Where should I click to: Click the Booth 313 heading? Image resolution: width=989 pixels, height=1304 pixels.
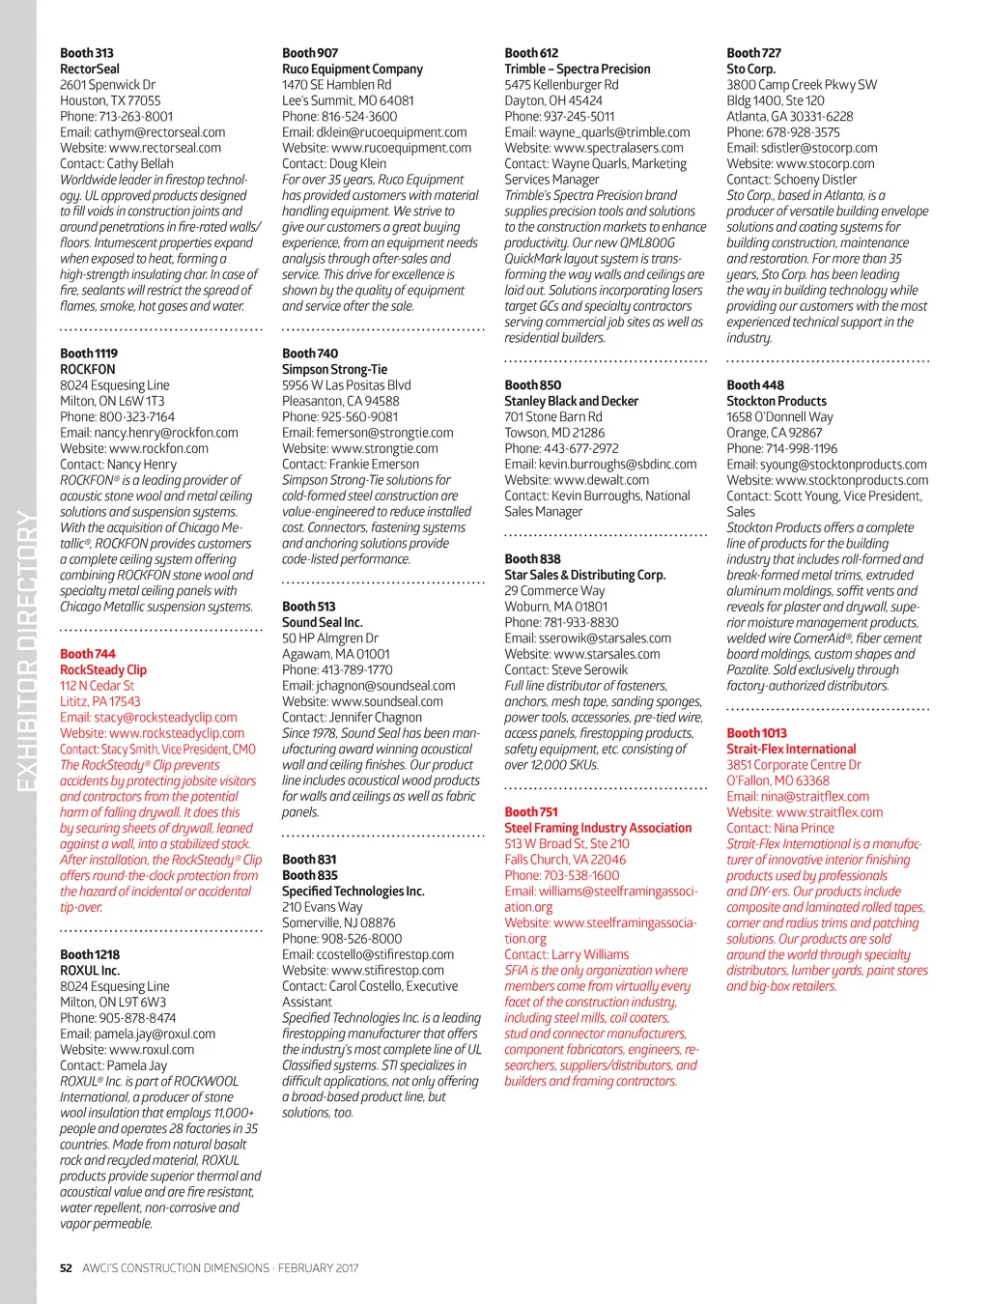tap(87, 53)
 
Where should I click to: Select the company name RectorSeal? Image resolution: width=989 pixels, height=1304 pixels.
tap(90, 69)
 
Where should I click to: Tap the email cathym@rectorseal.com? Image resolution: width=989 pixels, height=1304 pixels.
tap(143, 132)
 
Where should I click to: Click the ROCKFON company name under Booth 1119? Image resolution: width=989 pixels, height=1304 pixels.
tap(88, 369)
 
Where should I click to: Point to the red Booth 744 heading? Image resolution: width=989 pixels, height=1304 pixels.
tap(88, 654)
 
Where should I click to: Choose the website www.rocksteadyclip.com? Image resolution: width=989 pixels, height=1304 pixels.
tap(153, 733)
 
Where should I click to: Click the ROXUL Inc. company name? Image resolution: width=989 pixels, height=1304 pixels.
tap(90, 970)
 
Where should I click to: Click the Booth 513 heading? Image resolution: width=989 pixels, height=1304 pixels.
tap(309, 607)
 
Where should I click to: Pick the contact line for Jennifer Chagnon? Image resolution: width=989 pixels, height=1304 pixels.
tap(352, 717)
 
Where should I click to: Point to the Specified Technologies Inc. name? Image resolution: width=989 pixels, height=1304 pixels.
tap(353, 891)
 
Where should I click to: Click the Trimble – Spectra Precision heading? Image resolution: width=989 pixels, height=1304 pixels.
tap(578, 69)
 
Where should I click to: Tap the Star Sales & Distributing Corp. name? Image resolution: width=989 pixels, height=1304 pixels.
tap(585, 575)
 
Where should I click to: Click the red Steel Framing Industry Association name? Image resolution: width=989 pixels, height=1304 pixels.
tap(598, 828)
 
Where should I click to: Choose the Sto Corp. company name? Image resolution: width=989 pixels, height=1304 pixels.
tap(750, 69)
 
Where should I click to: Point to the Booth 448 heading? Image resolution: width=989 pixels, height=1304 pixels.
tap(755, 384)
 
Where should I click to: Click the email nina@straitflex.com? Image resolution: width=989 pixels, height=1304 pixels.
tap(798, 797)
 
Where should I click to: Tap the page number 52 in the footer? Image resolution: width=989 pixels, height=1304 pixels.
tap(66, 1268)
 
